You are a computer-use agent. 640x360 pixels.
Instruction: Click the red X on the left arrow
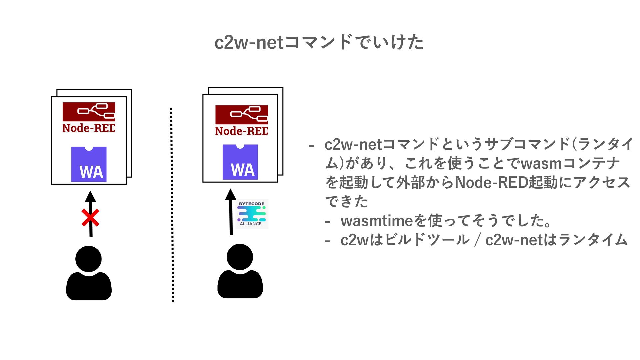90,218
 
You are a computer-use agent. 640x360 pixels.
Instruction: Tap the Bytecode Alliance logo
252,214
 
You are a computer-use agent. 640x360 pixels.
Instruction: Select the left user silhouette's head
88,259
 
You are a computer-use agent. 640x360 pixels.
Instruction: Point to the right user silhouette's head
240,257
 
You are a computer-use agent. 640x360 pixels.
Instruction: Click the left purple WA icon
89,164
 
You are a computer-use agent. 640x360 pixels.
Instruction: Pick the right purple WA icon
240,162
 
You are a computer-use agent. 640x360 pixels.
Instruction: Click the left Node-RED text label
89,128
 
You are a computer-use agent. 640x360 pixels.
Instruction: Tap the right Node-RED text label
242,131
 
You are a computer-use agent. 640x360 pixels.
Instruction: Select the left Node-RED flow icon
89,112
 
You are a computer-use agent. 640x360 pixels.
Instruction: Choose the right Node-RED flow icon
242,115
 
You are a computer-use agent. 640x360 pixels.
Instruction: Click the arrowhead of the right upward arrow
230,195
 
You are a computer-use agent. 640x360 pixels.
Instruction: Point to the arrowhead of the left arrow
90,197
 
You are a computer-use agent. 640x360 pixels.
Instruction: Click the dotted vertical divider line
172,204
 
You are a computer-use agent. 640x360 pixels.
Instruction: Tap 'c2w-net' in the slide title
249,43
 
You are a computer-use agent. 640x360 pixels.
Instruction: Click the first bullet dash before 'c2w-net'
312,145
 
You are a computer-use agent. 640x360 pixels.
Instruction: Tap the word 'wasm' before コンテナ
541,164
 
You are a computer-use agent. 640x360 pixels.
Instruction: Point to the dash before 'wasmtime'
328,221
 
